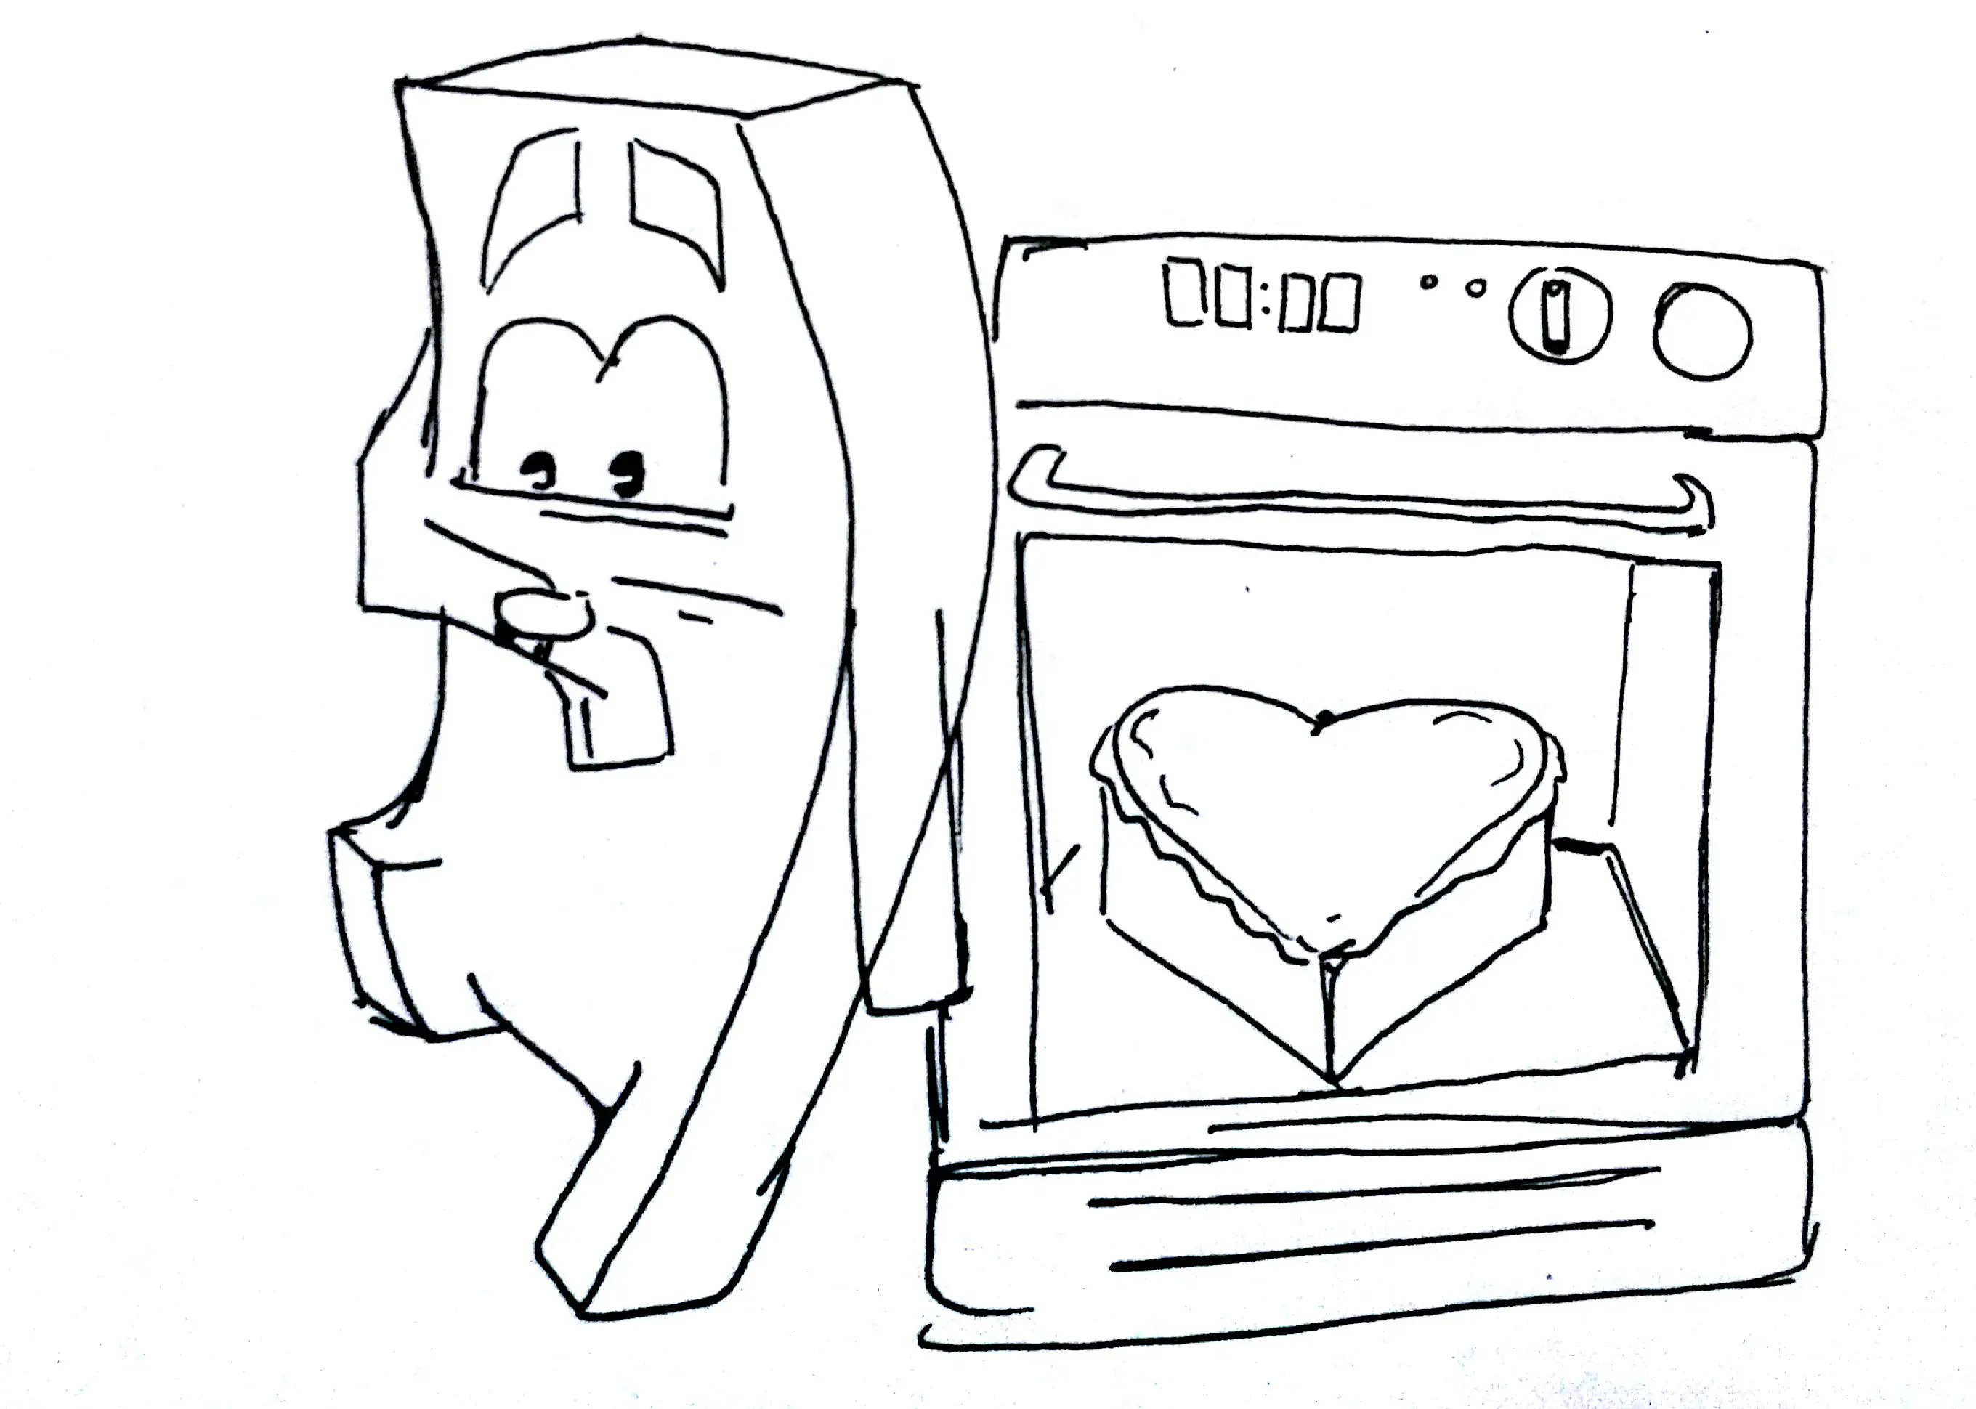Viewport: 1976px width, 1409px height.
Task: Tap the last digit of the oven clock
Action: [1340, 303]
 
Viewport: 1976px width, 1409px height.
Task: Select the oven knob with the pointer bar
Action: [1560, 317]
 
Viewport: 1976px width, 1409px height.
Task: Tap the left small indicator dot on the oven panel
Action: [1426, 282]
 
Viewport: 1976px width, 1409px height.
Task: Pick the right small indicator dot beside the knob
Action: [1475, 287]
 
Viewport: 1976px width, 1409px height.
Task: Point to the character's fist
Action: [543, 614]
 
